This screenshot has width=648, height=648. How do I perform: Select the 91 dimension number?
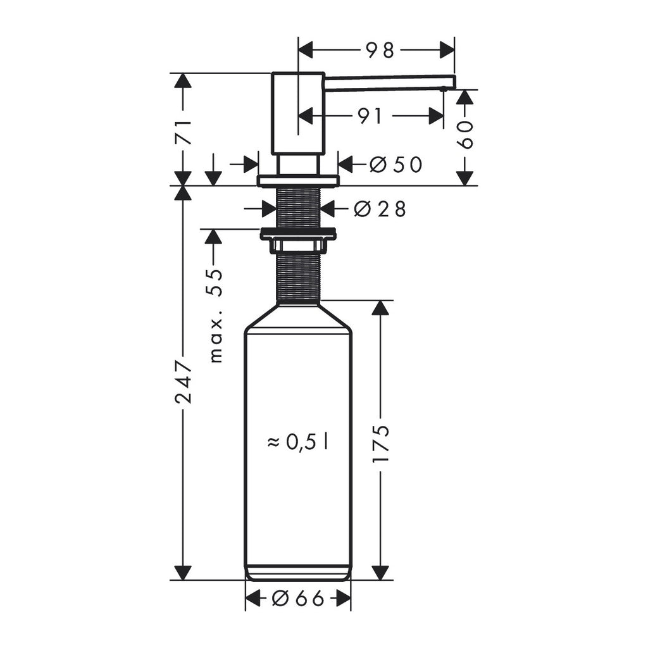[371, 116]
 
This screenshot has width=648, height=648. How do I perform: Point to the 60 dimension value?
[466, 135]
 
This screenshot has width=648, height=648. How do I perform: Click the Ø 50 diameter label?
[396, 165]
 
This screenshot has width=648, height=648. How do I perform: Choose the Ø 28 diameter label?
[380, 209]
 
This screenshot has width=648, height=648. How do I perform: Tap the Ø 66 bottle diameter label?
[298, 597]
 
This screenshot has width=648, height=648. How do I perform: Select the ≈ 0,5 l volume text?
[297, 442]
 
